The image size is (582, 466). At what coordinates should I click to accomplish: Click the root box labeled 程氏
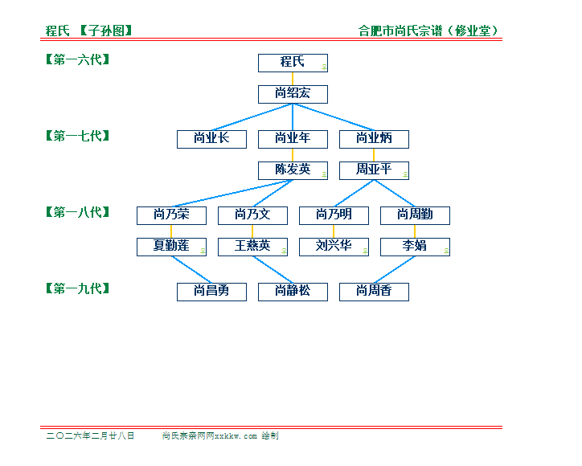(293, 63)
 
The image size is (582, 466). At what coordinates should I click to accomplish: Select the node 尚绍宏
(293, 94)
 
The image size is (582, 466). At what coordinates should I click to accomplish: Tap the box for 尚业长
(211, 139)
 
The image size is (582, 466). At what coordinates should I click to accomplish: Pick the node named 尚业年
(293, 139)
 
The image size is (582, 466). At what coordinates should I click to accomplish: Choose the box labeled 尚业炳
(374, 139)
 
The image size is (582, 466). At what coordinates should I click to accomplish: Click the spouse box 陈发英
(293, 170)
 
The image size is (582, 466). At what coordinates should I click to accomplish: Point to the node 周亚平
(374, 170)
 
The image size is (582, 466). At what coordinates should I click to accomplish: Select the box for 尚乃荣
(171, 215)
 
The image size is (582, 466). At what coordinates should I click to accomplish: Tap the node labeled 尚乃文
(252, 215)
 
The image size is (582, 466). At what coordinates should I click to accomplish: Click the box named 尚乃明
(334, 215)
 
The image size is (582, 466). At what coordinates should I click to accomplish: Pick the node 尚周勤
(415, 215)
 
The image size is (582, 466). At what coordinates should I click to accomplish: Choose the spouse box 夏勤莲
(171, 247)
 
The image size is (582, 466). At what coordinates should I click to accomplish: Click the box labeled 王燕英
(252, 247)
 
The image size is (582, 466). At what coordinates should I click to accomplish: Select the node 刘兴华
(334, 247)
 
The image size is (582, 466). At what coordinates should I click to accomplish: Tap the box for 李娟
(415, 247)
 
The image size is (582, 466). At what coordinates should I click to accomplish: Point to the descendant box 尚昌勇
(211, 292)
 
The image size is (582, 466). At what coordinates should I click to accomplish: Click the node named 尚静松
(293, 292)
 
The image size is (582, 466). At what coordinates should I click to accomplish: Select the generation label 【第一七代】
(77, 136)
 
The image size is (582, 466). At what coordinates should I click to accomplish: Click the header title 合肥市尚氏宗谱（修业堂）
(430, 31)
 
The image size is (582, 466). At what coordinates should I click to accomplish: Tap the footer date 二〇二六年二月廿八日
(90, 436)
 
